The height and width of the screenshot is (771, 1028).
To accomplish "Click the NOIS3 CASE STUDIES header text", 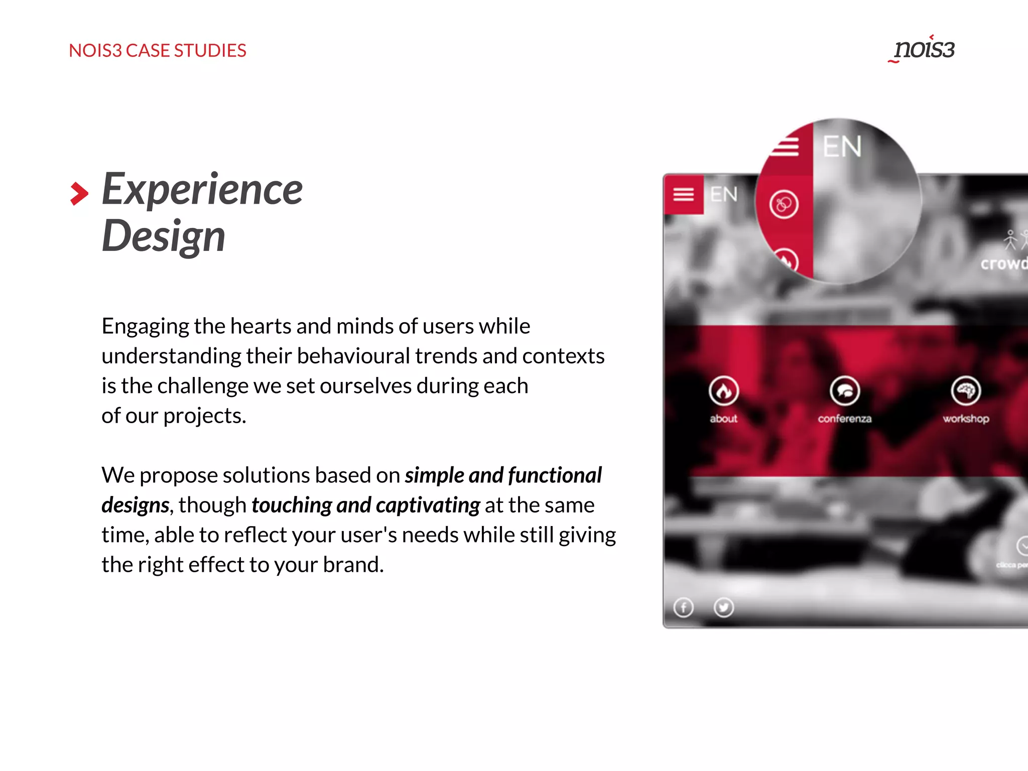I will (x=157, y=51).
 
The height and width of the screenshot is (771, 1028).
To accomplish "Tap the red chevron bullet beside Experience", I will (x=79, y=194).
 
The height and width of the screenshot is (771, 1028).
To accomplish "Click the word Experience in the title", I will (x=202, y=189).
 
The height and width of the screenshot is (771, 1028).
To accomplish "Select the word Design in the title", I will (x=163, y=236).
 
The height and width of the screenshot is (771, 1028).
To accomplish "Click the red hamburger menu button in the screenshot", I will (x=683, y=194).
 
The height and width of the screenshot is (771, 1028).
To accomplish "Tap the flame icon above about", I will (x=723, y=391).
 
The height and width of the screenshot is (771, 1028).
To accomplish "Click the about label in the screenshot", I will (x=723, y=419).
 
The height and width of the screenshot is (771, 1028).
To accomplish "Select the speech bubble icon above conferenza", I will (x=844, y=391).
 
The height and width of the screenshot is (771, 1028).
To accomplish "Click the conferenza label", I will (x=844, y=419).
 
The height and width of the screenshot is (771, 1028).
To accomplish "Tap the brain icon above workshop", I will (x=966, y=391).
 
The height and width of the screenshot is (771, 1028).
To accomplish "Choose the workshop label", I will (x=966, y=419).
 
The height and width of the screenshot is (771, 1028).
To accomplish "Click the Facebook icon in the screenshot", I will (x=683, y=608).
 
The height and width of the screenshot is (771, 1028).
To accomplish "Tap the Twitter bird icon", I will (x=723, y=608).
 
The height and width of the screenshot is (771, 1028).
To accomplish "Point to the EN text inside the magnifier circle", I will (x=842, y=147).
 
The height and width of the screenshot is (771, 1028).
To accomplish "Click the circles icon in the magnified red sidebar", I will (x=784, y=204).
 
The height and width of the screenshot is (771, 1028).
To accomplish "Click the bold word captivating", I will (x=428, y=505).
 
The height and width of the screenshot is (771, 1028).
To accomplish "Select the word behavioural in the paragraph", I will (x=353, y=356).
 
